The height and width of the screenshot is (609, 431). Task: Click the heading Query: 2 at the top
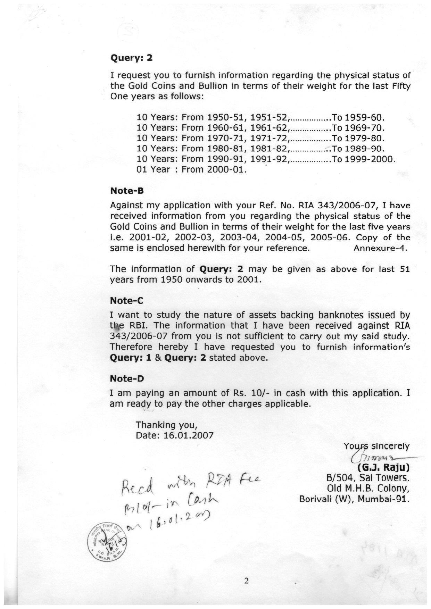click(131, 58)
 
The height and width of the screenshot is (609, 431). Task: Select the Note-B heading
click(127, 191)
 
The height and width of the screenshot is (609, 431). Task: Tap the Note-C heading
click(127, 300)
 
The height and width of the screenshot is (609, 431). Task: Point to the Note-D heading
click(127, 378)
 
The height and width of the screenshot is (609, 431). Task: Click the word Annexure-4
click(380, 249)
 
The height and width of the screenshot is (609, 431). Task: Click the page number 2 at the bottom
click(246, 581)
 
